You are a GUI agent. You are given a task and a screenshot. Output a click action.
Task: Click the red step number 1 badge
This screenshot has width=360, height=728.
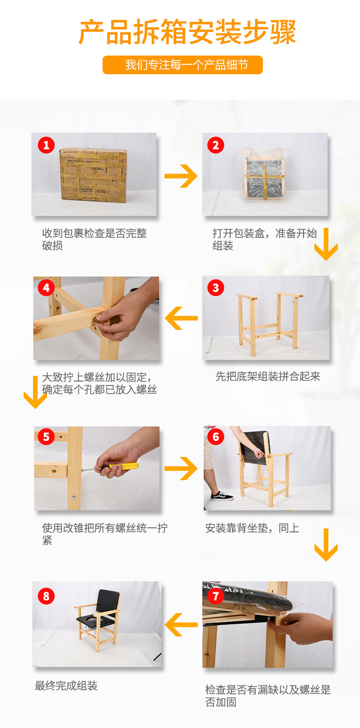tap(46, 145)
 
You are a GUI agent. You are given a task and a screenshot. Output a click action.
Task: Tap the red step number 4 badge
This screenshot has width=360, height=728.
tap(46, 287)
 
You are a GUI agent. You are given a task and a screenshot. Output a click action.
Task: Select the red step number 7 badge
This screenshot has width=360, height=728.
tap(216, 596)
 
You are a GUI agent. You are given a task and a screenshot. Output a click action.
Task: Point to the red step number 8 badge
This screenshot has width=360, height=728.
tap(46, 596)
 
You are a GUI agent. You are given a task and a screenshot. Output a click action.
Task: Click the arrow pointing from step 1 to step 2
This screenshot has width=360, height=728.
tap(181, 176)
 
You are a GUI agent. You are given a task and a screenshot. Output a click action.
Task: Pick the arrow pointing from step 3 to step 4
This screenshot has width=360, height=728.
tap(181, 318)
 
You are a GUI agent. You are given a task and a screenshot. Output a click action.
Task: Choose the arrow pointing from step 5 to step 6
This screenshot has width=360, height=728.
tap(181, 468)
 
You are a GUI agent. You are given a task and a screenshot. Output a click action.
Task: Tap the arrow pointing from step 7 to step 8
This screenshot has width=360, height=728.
tap(181, 624)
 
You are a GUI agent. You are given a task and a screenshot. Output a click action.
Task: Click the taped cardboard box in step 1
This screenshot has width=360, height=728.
tap(93, 175)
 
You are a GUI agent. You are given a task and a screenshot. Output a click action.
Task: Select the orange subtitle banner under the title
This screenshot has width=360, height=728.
tap(183, 65)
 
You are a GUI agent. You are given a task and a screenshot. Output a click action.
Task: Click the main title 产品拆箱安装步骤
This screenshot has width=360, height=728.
tap(187, 32)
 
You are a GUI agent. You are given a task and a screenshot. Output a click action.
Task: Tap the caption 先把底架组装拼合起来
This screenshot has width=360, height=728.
tap(268, 376)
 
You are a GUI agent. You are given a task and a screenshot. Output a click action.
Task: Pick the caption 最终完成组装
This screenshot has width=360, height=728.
tap(66, 686)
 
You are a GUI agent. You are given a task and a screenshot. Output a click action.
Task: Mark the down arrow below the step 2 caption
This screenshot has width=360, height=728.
tap(326, 244)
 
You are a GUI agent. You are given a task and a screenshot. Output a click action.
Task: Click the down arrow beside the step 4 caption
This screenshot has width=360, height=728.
tap(35, 392)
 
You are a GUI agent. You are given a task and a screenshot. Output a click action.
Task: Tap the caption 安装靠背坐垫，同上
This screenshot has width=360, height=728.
tap(252, 528)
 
